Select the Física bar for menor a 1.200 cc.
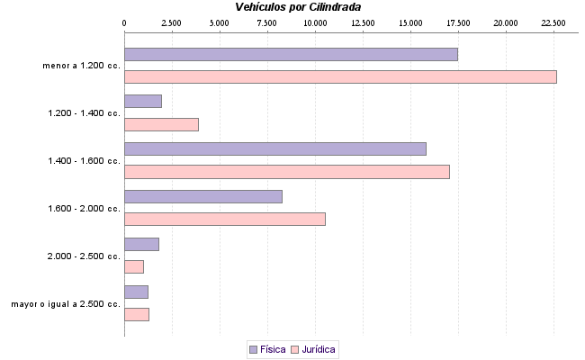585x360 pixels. (291, 54)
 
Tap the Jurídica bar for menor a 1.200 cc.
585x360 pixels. (340, 76)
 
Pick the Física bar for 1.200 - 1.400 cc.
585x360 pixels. (143, 102)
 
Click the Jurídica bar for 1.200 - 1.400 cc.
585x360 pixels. (161, 124)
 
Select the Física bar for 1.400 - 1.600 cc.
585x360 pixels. (274, 148)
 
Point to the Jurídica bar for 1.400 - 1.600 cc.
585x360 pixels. (286, 171)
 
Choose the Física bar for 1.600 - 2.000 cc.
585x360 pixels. (202, 196)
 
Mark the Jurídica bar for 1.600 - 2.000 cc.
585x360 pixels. (224, 219)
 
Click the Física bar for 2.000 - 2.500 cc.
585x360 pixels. (141, 244)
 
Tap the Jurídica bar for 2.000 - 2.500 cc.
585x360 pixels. (134, 266)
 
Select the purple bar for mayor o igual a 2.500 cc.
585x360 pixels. (136, 292)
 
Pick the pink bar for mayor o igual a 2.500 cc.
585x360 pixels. (137, 314)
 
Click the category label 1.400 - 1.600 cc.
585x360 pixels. (84, 160)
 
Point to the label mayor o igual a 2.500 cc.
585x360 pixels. (66, 303)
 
